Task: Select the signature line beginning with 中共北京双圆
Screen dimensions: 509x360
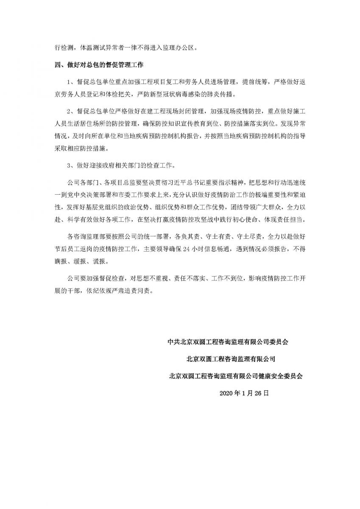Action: [232, 342]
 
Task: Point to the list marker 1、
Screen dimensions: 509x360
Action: [71, 81]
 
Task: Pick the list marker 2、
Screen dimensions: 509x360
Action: [71, 111]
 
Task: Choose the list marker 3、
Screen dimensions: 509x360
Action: [71, 165]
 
